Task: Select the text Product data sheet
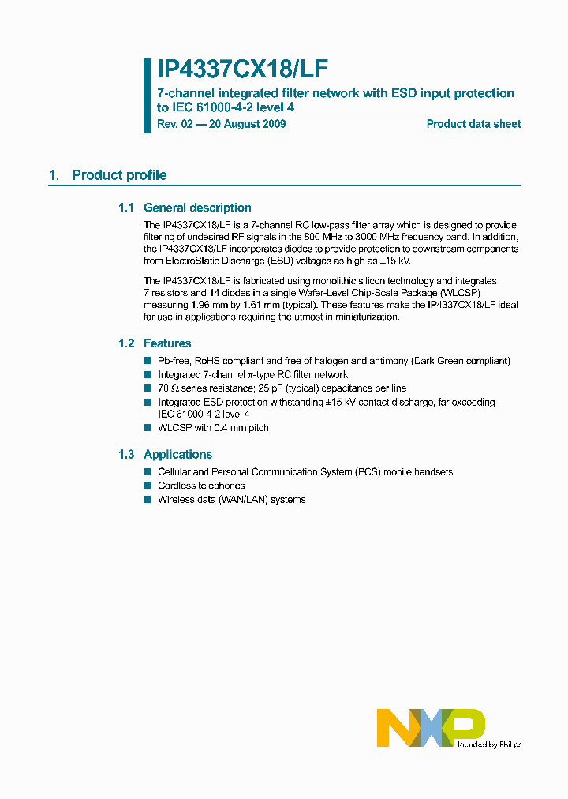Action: (473, 124)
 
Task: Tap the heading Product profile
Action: (119, 175)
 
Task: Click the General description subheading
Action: (197, 208)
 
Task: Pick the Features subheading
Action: (167, 343)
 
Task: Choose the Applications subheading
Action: (177, 454)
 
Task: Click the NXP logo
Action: (430, 727)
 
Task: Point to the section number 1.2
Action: (126, 343)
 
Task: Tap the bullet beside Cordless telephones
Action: (147, 486)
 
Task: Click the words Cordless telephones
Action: (201, 486)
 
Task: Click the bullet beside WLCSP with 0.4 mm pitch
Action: (147, 428)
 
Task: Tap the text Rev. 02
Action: (174, 124)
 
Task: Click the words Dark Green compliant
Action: (461, 361)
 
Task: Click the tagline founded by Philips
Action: (488, 744)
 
